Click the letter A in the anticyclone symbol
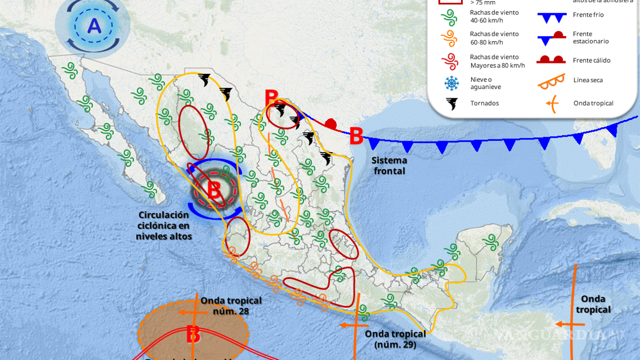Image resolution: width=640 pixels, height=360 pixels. (94, 26)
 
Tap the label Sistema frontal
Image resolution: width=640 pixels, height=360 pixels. (389, 166)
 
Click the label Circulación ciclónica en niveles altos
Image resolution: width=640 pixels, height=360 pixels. (164, 226)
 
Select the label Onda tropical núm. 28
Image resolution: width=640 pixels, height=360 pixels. (231, 306)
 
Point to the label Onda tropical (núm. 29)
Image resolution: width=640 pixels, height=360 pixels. (396, 339)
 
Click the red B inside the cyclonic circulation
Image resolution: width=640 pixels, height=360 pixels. (214, 189)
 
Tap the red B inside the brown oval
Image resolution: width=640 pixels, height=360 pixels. (193, 335)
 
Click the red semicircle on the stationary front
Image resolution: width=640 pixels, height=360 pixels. (331, 123)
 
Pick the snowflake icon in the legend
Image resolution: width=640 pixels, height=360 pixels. (452, 83)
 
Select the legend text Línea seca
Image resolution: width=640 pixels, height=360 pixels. (588, 81)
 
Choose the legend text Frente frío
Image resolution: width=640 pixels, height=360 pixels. (588, 15)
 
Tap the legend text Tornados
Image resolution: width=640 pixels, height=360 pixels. (484, 103)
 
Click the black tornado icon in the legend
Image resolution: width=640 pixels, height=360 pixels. (452, 103)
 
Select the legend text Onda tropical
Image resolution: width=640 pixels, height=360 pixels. (593, 103)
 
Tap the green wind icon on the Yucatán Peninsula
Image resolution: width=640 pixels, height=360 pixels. (490, 241)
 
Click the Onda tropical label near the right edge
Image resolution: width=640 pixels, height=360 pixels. (593, 304)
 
